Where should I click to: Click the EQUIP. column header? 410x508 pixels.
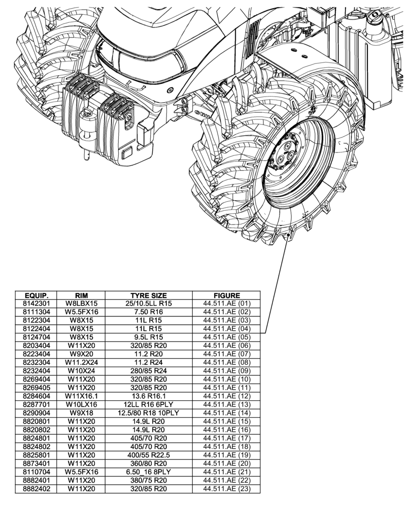tap(36, 295)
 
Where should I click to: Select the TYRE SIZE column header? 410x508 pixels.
tap(149, 295)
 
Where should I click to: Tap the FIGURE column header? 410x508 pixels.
tap(227, 295)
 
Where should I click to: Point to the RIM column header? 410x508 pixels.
tap(81, 295)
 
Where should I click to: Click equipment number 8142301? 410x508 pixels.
tap(36, 303)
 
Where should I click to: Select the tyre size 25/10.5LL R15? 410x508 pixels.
tap(149, 303)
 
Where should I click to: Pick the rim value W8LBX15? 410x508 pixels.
tap(81, 303)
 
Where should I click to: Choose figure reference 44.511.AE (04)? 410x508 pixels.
tap(227, 329)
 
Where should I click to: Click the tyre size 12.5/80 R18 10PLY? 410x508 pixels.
tap(149, 413)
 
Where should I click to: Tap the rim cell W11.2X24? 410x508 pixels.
tap(81, 362)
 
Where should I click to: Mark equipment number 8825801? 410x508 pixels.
tap(36, 455)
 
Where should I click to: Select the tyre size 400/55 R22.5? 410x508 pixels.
tap(149, 455)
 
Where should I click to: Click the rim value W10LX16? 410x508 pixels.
tap(81, 404)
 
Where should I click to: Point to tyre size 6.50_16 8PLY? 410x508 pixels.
tap(149, 472)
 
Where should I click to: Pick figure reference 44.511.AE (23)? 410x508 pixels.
tap(227, 489)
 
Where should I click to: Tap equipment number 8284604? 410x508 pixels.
tap(36, 396)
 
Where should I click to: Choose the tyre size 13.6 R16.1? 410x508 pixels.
tap(149, 396)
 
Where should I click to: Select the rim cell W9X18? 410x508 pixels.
tap(81, 413)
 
